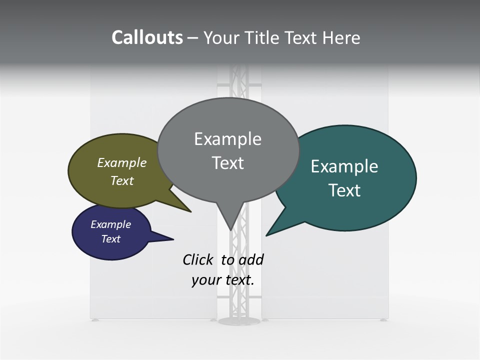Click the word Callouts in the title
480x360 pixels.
147,37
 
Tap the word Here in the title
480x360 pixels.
341,38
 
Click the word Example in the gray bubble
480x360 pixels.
227,139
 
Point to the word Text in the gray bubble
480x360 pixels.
227,163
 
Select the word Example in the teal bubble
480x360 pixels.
344,166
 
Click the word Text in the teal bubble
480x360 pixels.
344,190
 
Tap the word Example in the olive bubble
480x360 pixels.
121,163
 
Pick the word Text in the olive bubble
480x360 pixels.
121,181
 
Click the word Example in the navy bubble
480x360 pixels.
110,224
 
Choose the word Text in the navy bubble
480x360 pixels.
110,239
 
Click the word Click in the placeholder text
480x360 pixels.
197,260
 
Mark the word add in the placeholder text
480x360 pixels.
250,260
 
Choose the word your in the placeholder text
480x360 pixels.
206,280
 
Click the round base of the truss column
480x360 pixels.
239,320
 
